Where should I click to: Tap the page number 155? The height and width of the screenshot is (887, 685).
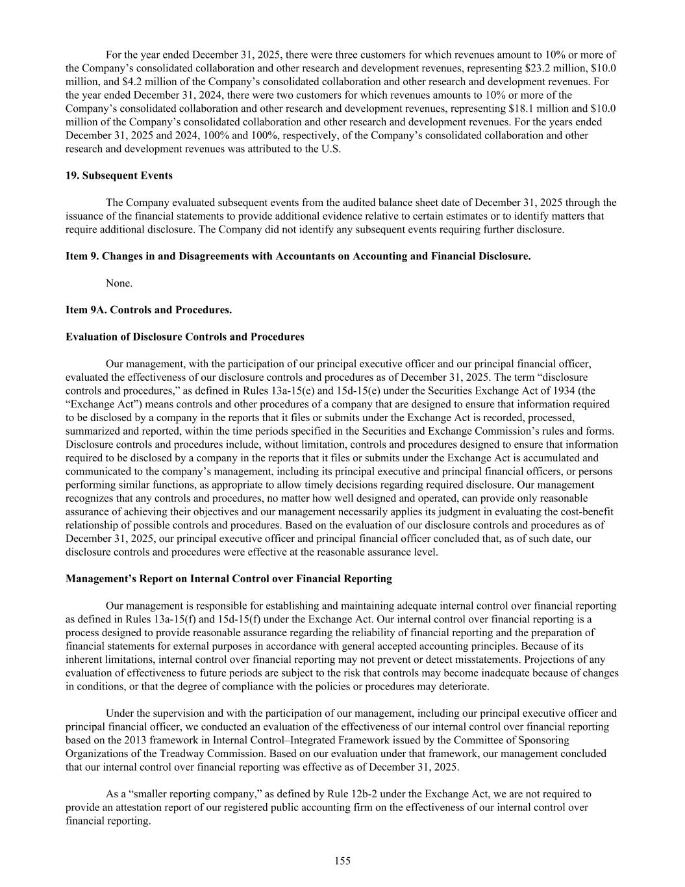(342, 861)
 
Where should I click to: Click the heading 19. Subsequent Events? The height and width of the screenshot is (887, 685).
(119, 175)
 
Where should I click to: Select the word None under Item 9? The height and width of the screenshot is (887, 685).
(119, 283)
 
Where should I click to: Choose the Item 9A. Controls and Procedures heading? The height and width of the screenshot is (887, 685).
(149, 310)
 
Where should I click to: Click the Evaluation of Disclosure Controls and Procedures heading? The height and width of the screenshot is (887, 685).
(185, 337)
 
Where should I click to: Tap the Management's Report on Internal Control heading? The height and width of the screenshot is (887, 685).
(229, 578)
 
